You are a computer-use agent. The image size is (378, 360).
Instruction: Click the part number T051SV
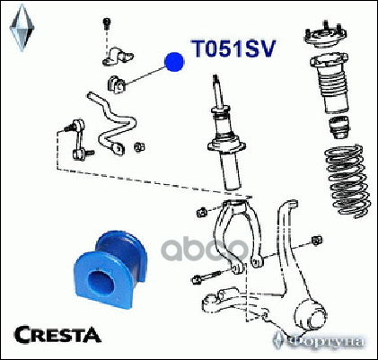click(x=233, y=48)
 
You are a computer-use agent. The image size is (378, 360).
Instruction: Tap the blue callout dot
click(x=174, y=62)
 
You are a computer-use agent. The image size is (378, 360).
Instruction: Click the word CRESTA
click(x=57, y=335)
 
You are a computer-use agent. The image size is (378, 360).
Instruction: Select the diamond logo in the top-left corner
click(x=22, y=28)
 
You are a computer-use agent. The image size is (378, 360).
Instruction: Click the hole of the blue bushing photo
click(x=101, y=283)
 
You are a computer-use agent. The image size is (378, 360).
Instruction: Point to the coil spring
click(x=348, y=181)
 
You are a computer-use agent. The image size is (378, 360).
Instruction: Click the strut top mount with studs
click(x=325, y=35)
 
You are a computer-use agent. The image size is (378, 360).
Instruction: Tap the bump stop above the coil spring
click(x=339, y=127)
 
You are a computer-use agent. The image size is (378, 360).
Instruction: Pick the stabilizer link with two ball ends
click(x=79, y=139)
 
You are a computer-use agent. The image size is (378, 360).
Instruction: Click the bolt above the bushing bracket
click(x=106, y=23)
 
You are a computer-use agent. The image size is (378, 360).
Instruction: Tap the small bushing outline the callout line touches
click(x=116, y=84)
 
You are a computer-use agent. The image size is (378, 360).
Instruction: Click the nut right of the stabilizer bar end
click(x=139, y=147)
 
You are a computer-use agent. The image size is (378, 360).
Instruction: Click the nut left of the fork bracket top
click(x=202, y=212)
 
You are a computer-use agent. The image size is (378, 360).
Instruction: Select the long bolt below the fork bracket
click(x=207, y=277)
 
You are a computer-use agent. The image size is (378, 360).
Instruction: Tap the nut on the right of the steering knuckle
click(x=316, y=241)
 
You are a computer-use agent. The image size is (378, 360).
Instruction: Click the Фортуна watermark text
click(x=326, y=341)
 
